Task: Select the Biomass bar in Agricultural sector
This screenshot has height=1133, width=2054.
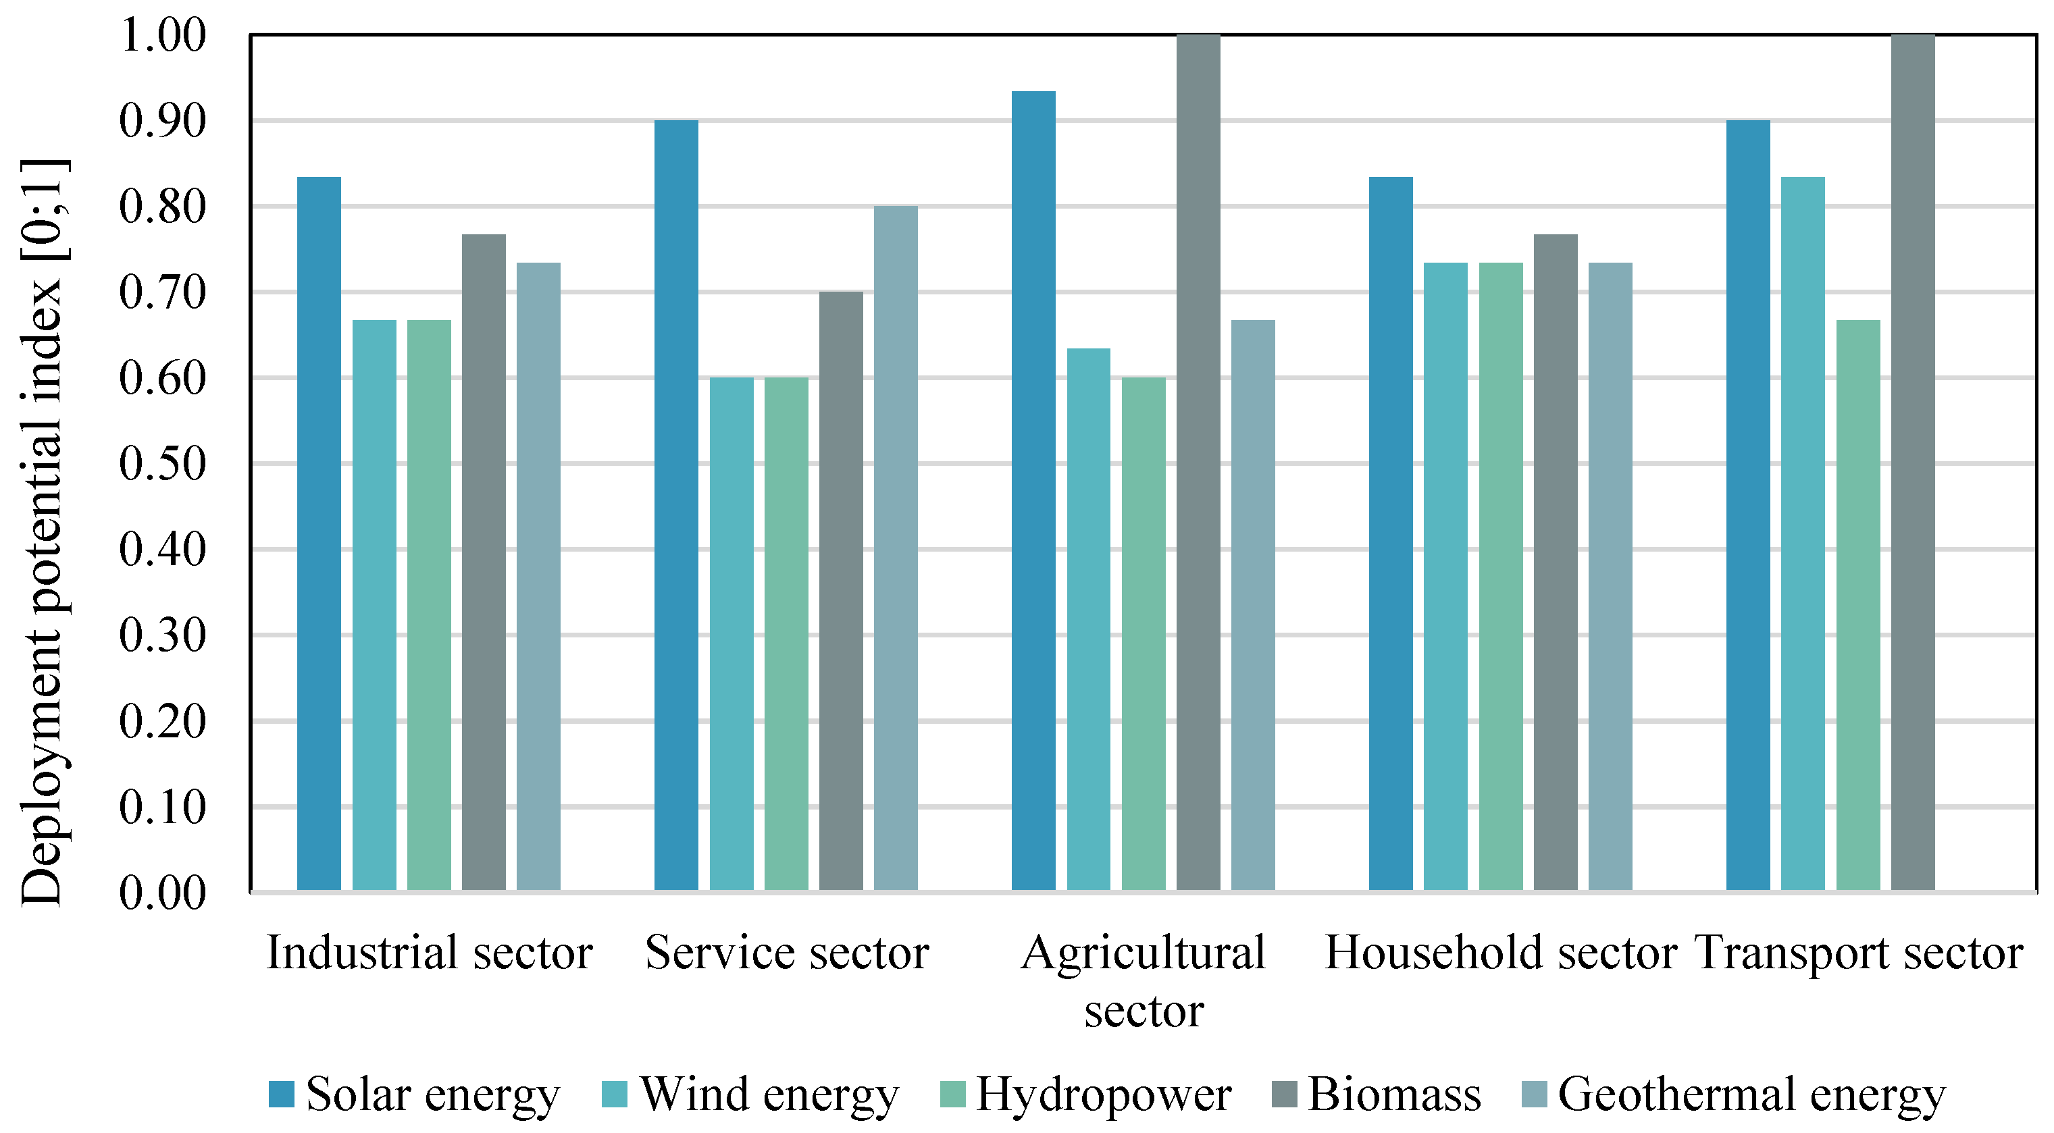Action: pyautogui.click(x=1198, y=463)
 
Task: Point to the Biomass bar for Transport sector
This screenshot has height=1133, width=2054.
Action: pyautogui.click(x=1912, y=463)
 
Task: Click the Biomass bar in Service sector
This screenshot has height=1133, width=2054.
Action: pyautogui.click(x=840, y=591)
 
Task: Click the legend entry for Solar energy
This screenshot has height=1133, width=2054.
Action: pyautogui.click(x=415, y=1094)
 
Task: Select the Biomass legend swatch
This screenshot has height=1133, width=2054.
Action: pyautogui.click(x=1284, y=1094)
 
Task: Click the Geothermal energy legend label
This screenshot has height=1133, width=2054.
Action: pyautogui.click(x=1751, y=1094)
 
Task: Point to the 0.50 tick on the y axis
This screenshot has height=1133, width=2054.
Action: pyautogui.click(x=163, y=463)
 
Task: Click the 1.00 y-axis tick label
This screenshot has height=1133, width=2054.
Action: pyautogui.click(x=163, y=35)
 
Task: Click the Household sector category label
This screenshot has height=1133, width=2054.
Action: pyautogui.click(x=1501, y=952)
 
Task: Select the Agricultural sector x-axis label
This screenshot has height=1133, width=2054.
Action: pyautogui.click(x=1144, y=980)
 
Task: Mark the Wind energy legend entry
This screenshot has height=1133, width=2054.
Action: pyautogui.click(x=750, y=1094)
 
